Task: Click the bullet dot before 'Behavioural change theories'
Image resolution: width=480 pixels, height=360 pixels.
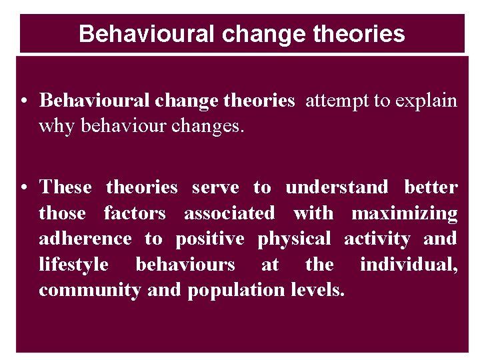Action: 23,101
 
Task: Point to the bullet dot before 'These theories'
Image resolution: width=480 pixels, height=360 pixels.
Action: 23,189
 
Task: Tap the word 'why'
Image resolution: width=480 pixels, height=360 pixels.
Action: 55,126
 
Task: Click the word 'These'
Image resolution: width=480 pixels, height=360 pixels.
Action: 65,188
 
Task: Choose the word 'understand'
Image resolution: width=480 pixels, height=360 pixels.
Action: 337,188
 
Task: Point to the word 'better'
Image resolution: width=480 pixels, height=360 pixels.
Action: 431,188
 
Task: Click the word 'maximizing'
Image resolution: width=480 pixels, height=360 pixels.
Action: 404,213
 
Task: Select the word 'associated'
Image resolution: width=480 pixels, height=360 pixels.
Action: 229,213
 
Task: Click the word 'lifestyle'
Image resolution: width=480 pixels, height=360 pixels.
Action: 73,265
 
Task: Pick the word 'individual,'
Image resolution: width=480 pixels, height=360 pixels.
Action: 409,265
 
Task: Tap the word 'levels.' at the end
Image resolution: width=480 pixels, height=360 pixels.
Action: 318,290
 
